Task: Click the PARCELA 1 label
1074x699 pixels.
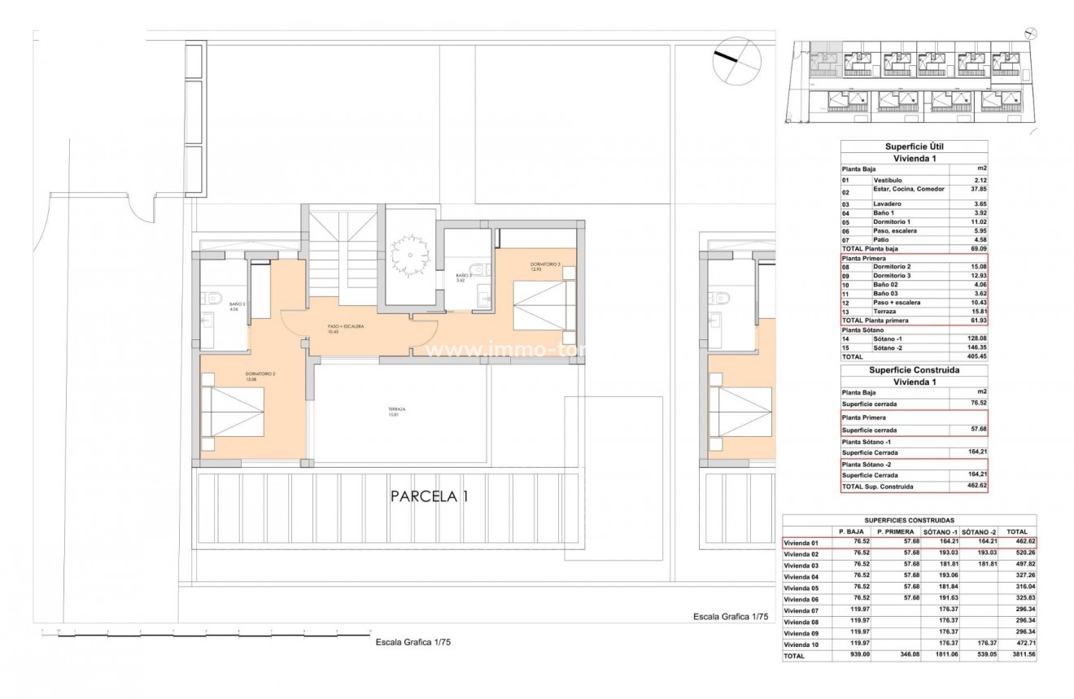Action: tap(429, 496)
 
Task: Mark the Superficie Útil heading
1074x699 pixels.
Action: tap(914, 146)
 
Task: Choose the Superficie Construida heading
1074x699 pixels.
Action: tap(914, 369)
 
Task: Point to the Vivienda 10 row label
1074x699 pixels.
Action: tap(802, 644)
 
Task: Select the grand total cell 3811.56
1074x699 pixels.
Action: tap(1019, 655)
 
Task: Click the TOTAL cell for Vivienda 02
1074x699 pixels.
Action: tap(1019, 553)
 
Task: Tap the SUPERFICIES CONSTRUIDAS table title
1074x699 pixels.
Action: tap(909, 519)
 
